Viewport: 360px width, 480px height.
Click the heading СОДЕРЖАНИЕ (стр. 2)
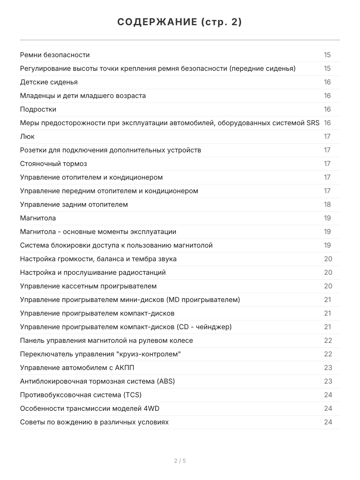(180, 22)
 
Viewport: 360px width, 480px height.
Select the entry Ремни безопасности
(55, 55)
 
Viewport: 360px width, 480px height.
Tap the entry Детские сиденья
(49, 82)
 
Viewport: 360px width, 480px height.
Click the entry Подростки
(38, 109)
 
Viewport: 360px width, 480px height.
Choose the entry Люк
(27, 136)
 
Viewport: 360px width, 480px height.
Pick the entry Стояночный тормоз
(53, 164)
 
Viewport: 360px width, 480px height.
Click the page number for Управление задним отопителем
(327, 204)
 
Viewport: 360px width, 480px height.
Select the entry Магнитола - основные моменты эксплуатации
(98, 232)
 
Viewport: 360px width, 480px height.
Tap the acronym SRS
(313, 123)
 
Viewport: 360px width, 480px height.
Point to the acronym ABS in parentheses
(166, 381)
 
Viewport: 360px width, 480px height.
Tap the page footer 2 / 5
(180, 461)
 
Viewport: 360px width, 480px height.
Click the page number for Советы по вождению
(328, 422)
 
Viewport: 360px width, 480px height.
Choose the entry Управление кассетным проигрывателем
(88, 286)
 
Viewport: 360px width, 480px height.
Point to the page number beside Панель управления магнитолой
(328, 340)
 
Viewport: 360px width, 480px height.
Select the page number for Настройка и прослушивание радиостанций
(328, 272)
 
